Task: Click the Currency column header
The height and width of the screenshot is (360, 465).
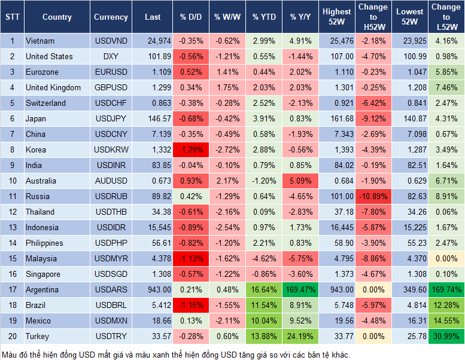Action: coord(111,17)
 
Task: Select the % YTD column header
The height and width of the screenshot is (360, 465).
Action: coord(264,17)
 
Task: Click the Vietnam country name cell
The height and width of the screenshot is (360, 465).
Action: coord(40,41)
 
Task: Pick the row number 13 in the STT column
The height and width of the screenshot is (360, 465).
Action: coord(12,227)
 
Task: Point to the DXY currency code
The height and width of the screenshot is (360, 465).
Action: coord(111,56)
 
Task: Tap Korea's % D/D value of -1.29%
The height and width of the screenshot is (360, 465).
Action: coord(190,150)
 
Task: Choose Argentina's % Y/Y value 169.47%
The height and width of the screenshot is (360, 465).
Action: coord(299,289)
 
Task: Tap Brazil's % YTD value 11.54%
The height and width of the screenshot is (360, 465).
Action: coord(264,305)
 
